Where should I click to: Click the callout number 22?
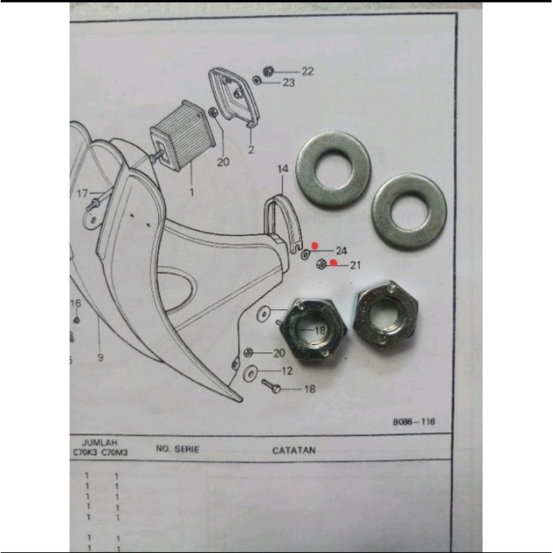click(x=307, y=71)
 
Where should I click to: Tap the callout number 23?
click(x=288, y=83)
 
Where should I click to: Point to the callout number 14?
click(x=282, y=169)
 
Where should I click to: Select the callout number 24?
click(x=341, y=250)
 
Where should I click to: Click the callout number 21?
click(x=356, y=265)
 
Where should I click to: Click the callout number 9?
click(x=100, y=358)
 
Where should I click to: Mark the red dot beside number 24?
click(x=315, y=245)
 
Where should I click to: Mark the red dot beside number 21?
click(x=334, y=263)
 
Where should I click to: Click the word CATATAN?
click(x=293, y=450)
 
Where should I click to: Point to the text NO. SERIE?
click(x=178, y=449)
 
